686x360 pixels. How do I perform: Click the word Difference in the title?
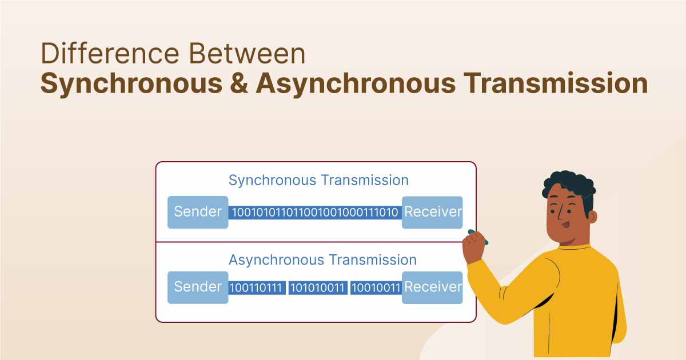click(x=108, y=54)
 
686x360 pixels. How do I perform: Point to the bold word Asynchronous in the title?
click(x=354, y=83)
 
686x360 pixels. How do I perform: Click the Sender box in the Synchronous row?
click(x=198, y=212)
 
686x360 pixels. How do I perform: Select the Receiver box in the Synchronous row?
click(x=432, y=212)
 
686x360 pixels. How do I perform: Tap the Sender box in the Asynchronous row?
click(x=198, y=287)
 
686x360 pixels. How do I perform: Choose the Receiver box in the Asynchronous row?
click(x=432, y=287)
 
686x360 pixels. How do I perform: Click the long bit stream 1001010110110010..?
click(x=315, y=213)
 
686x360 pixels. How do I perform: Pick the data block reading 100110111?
click(x=256, y=287)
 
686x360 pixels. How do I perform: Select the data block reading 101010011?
click(x=317, y=287)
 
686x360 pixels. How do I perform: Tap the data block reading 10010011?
click(x=376, y=287)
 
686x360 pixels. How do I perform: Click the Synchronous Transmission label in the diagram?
click(x=318, y=181)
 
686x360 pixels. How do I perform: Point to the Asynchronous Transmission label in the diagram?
click(x=322, y=260)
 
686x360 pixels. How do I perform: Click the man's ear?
click(x=592, y=217)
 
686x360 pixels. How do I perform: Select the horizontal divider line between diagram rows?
click(x=309, y=242)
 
